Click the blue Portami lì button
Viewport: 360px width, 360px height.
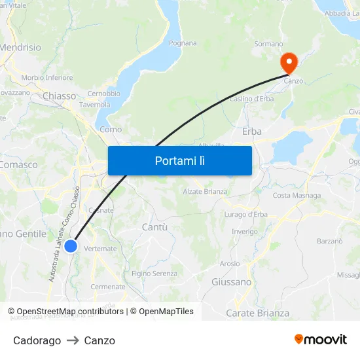point(179,160)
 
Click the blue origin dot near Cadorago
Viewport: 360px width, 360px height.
point(71,246)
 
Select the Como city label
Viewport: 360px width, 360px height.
point(111,130)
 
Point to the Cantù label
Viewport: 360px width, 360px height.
point(154,227)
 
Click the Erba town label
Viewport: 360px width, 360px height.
point(252,132)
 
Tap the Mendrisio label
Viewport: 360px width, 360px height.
point(20,48)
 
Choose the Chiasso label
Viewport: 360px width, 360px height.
point(60,96)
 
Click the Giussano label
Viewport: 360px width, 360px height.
point(231,282)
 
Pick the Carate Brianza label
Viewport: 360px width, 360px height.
point(257,314)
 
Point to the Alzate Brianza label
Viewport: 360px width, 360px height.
point(205,192)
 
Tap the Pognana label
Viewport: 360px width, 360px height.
point(183,43)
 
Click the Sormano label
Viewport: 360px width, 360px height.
point(268,44)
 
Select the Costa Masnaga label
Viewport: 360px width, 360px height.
point(297,196)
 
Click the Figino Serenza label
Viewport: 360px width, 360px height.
point(154,274)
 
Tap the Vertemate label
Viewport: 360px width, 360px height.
point(101,249)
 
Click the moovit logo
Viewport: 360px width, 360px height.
point(321,340)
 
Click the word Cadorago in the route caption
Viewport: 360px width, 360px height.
point(37,340)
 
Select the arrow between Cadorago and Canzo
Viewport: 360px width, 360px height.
point(73,340)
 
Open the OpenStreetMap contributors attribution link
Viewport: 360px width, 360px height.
point(71,312)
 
